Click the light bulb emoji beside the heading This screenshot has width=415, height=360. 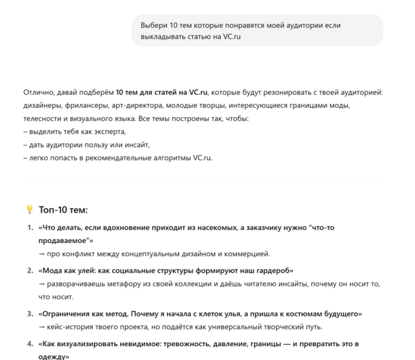(29, 210)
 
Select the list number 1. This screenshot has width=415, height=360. (30, 228)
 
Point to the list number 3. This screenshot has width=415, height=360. (30, 314)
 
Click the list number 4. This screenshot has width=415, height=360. (30, 343)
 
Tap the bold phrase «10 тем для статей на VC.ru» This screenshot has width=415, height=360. (162, 92)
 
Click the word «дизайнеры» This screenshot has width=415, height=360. (44, 105)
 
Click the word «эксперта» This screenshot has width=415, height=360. (109, 132)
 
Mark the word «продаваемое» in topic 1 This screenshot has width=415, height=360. (64, 240)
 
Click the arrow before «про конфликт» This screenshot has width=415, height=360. (42, 254)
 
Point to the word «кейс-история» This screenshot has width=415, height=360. (73, 327)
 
